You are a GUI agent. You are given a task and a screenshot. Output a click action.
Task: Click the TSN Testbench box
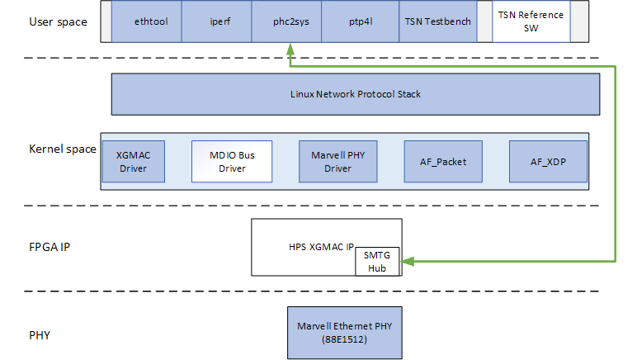tap(438, 21)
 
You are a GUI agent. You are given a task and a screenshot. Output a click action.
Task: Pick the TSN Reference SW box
tap(531, 21)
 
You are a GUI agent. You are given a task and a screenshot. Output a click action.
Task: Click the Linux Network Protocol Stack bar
tap(356, 94)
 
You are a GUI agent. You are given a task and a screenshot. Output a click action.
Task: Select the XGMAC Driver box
tap(133, 161)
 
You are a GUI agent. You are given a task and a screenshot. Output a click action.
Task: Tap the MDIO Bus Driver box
tap(232, 161)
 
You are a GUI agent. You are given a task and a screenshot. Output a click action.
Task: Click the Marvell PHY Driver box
tap(331, 161)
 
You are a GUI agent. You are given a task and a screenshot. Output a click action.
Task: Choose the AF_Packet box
tap(436, 161)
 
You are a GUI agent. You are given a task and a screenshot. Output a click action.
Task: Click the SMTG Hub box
tap(378, 263)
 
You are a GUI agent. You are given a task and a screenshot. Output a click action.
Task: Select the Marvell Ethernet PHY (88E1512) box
tap(343, 332)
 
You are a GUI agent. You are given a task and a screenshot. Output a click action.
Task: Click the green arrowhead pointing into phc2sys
tap(290, 49)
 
